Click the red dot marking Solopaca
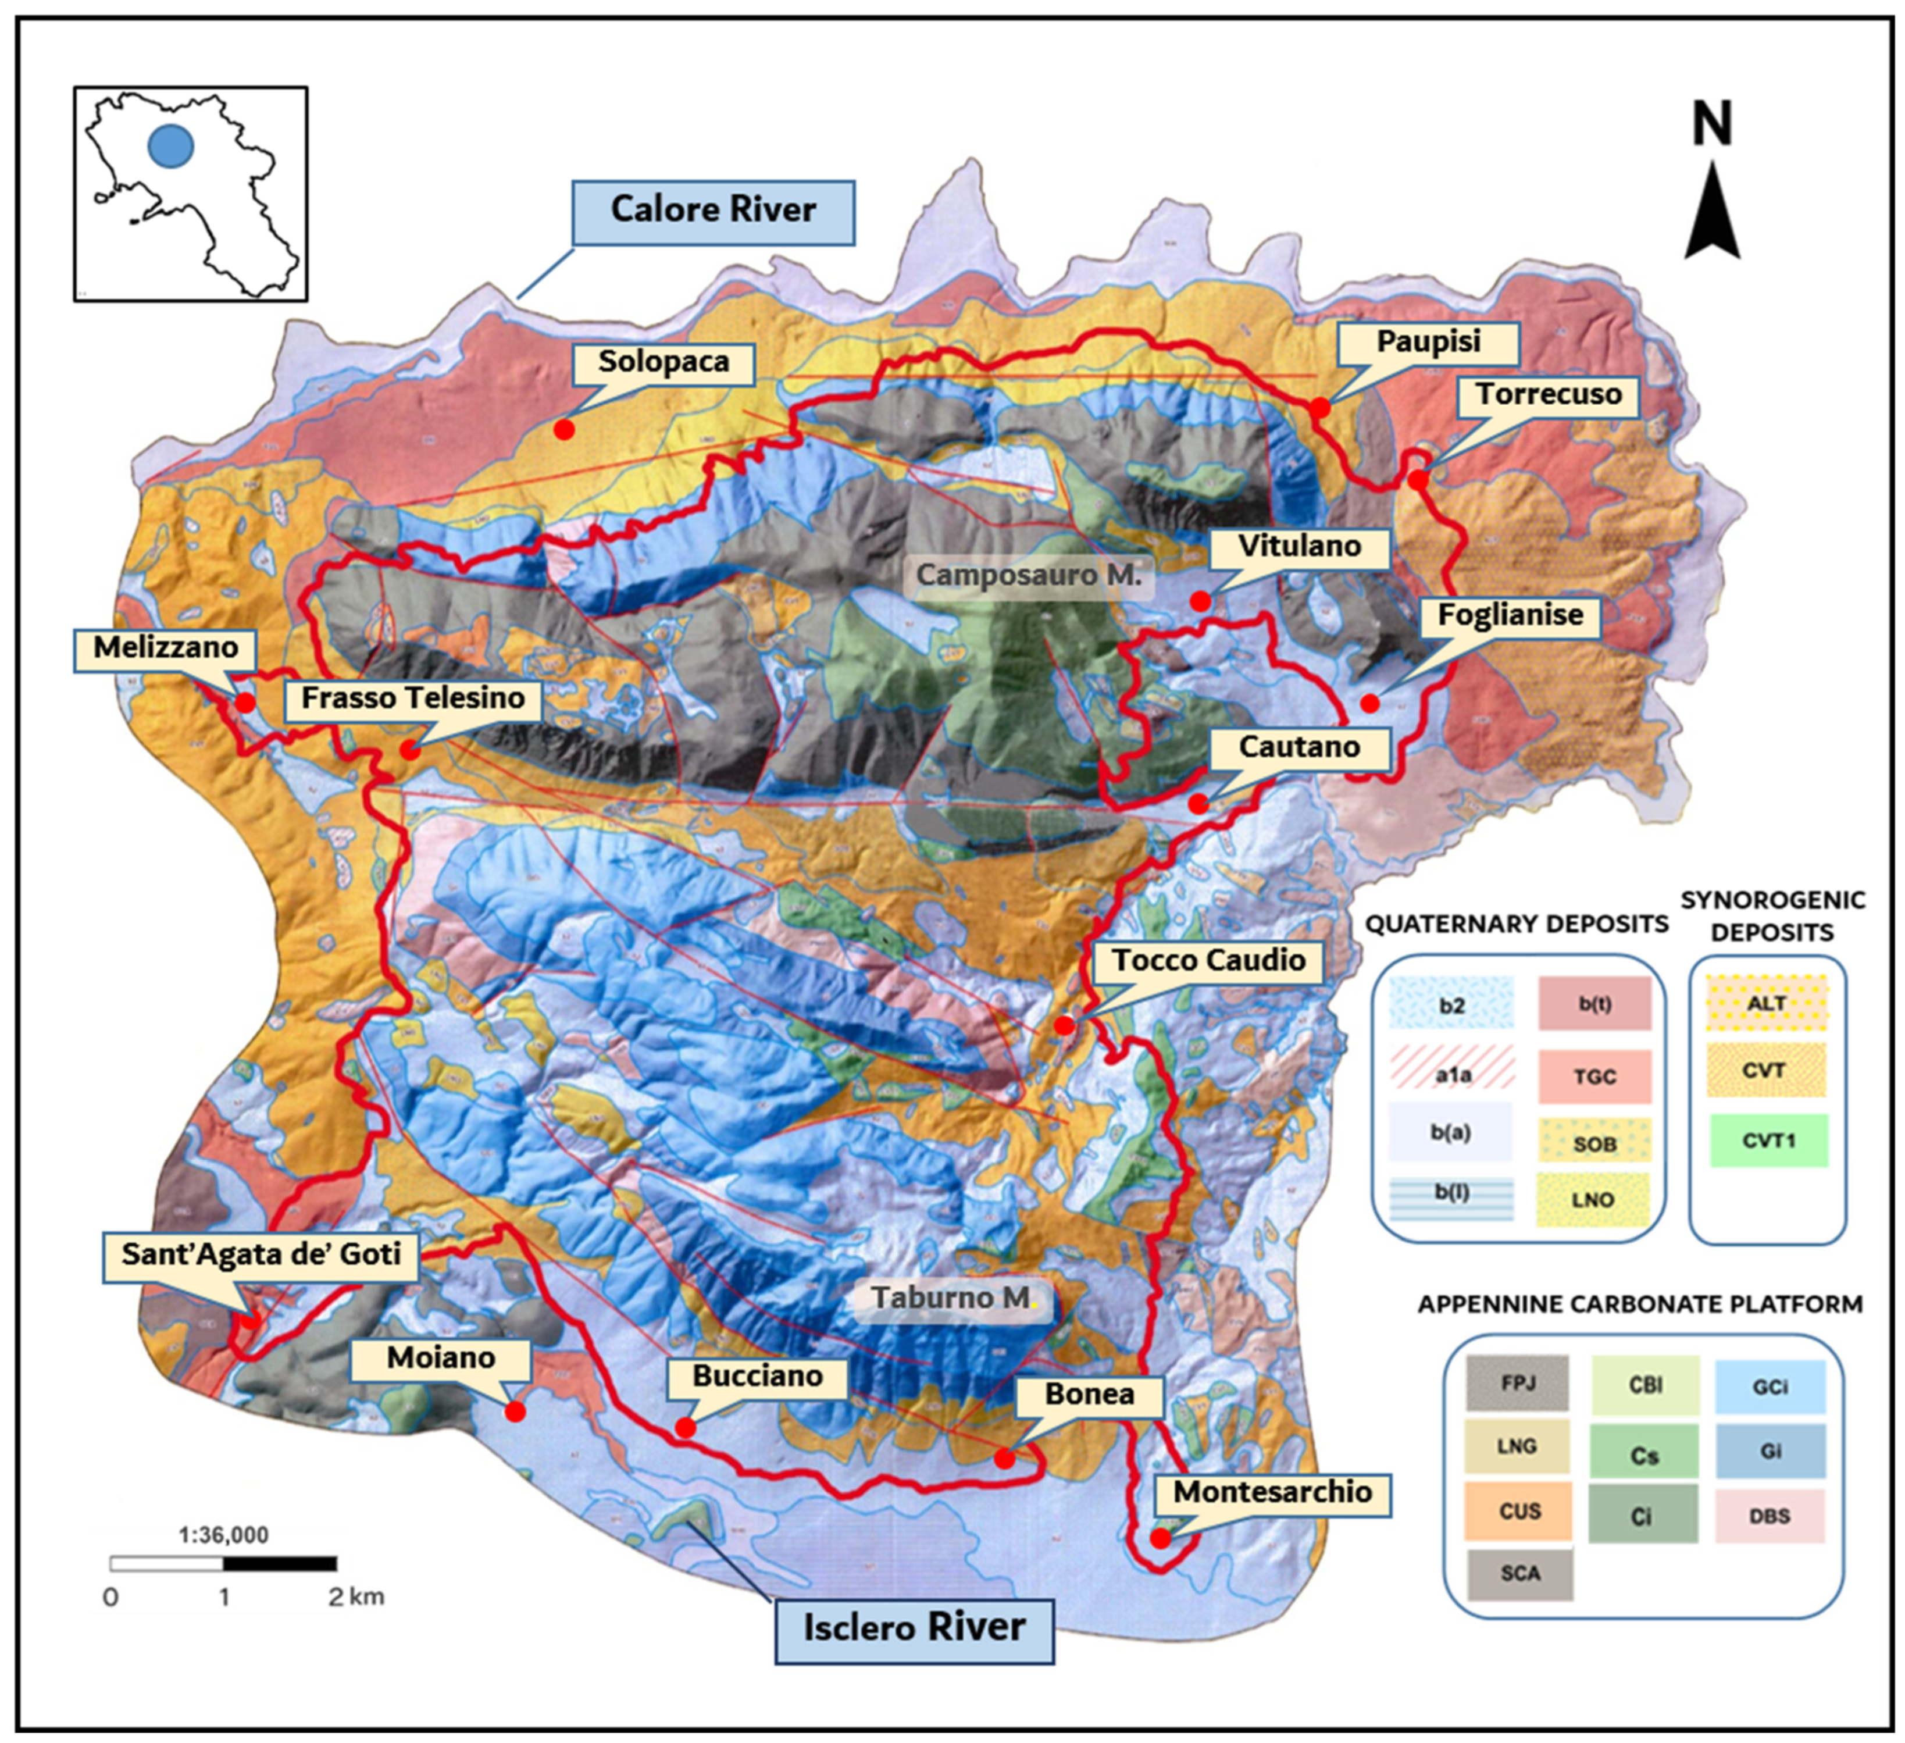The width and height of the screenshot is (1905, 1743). (564, 429)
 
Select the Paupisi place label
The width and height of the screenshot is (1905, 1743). (1428, 342)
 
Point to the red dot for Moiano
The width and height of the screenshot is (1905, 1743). (515, 1412)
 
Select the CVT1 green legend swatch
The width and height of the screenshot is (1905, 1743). (1767, 1141)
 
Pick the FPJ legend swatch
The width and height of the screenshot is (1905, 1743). (1518, 1384)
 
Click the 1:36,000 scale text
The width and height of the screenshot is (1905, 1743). (224, 1534)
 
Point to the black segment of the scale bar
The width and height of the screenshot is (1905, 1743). (280, 1564)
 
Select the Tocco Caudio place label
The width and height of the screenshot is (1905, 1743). (1208, 960)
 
